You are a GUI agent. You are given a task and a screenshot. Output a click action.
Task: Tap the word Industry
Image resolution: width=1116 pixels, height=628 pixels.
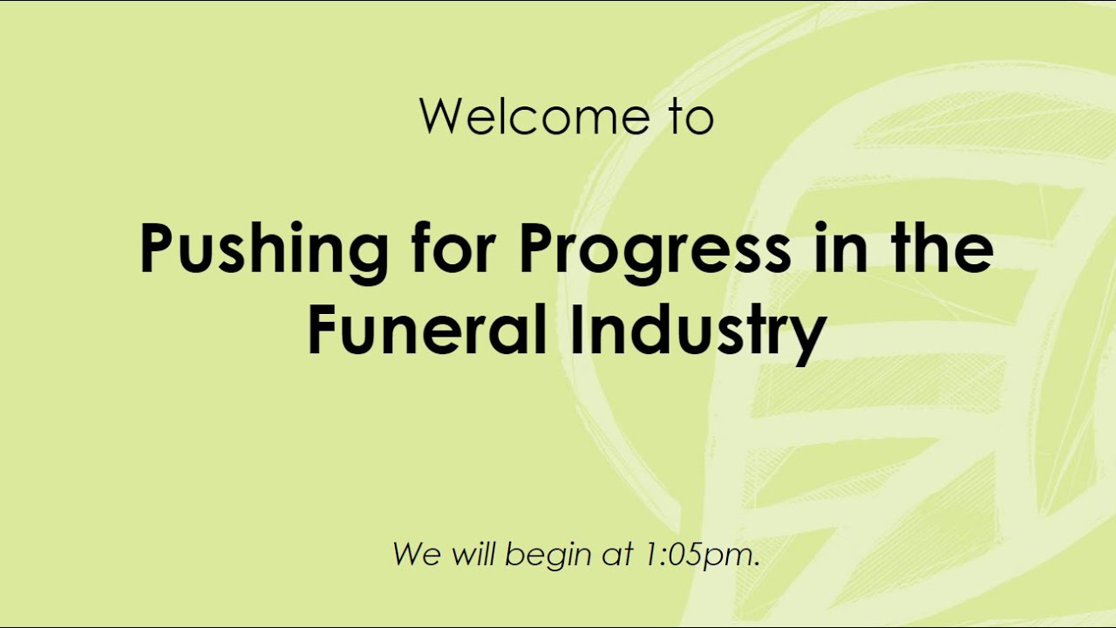coord(697,333)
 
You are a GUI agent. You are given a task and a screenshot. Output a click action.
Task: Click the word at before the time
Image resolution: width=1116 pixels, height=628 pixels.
coord(617,555)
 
